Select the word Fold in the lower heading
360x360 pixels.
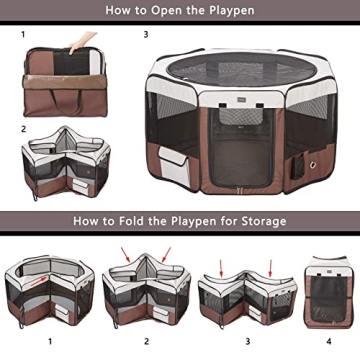point(137,220)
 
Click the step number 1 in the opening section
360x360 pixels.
point(22,33)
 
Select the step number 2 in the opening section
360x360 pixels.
point(22,128)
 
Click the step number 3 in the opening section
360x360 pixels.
point(146,33)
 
